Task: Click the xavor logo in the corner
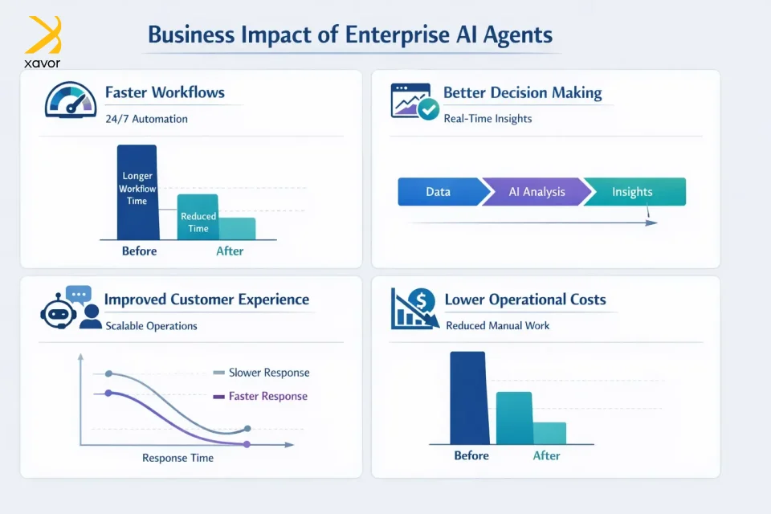click(x=43, y=42)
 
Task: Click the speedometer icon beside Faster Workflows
click(x=71, y=100)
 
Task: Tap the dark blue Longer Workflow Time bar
click(x=137, y=192)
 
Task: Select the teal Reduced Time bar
click(x=198, y=217)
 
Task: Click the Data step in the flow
click(x=439, y=192)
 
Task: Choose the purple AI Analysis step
click(x=537, y=192)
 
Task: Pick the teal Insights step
click(x=634, y=192)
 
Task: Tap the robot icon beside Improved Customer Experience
click(x=59, y=312)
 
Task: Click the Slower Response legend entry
click(x=261, y=373)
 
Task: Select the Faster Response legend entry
click(x=260, y=397)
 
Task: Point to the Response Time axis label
click(x=178, y=458)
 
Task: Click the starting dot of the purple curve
click(x=108, y=393)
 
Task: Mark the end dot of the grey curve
click(x=248, y=429)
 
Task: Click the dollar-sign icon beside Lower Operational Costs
click(x=415, y=308)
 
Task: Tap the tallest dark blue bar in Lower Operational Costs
click(x=468, y=398)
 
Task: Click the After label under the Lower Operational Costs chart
click(x=546, y=456)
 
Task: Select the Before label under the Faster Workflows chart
click(x=140, y=251)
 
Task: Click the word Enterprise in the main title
click(x=398, y=35)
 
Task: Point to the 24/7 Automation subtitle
click(x=146, y=119)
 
